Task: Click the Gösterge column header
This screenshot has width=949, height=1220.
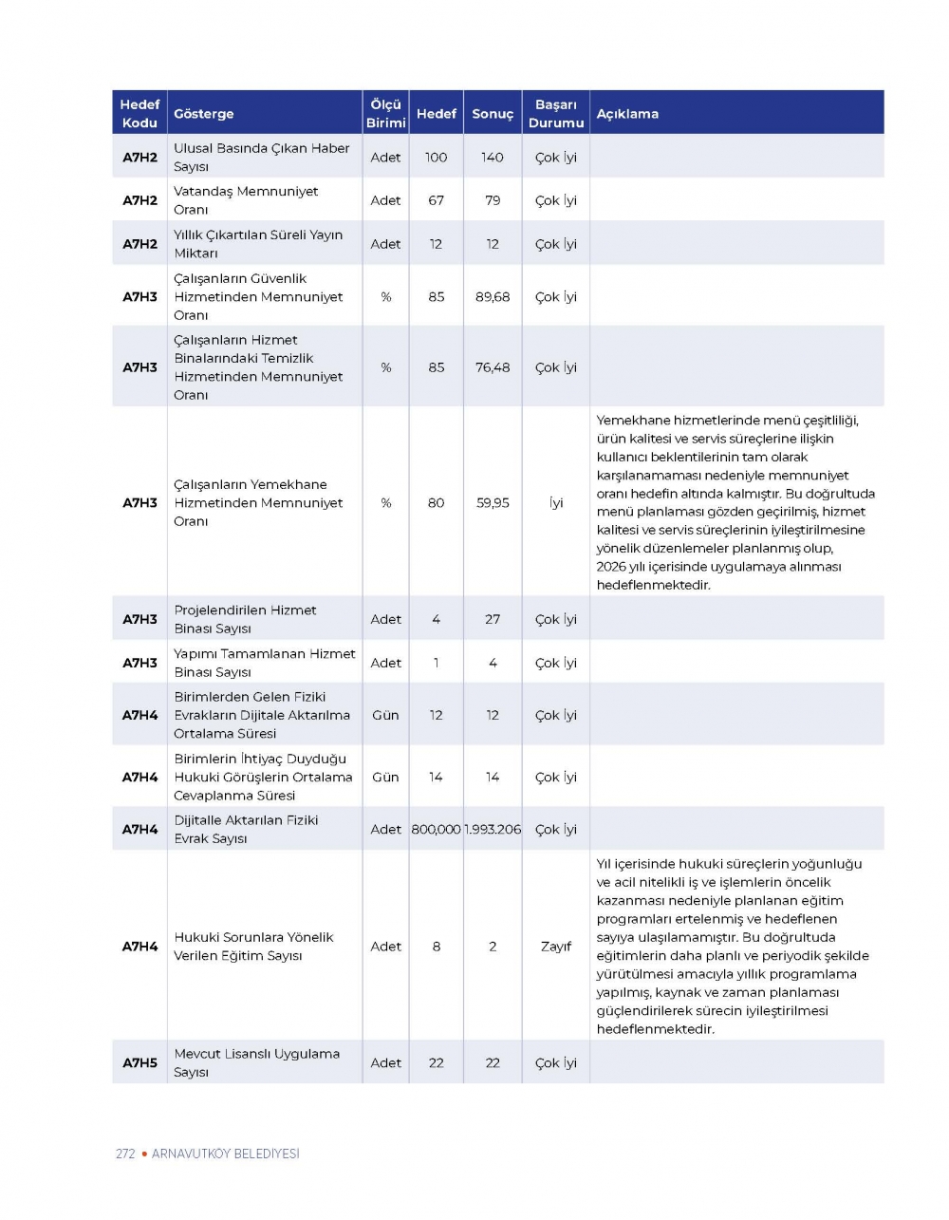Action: [x=203, y=114]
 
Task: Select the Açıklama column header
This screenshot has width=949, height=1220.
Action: [x=627, y=114]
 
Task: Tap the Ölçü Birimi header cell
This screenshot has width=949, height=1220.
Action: [x=385, y=113]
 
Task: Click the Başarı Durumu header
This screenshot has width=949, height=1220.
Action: [x=555, y=113]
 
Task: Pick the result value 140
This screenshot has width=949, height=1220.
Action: [x=492, y=158]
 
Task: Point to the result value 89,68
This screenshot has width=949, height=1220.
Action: [x=493, y=297]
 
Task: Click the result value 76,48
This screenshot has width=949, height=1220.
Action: [x=493, y=367]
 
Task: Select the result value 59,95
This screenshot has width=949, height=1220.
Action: [x=493, y=503]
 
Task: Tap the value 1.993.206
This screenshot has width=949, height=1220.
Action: [x=493, y=830]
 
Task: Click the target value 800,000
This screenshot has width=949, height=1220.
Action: [x=436, y=830]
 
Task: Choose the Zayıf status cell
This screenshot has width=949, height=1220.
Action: [x=556, y=947]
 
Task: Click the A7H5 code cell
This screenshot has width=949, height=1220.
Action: [x=140, y=1063]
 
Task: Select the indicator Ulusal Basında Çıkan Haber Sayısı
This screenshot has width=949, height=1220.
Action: [x=261, y=158]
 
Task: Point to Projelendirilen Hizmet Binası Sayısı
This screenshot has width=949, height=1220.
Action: [x=245, y=619]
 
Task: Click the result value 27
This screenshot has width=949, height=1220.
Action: [x=493, y=619]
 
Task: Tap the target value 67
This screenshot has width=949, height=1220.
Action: [x=436, y=200]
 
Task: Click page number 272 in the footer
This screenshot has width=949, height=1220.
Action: [x=125, y=1154]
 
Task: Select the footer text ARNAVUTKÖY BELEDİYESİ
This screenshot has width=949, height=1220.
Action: [x=225, y=1154]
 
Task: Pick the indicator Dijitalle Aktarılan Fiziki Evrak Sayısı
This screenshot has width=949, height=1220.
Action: [x=246, y=830]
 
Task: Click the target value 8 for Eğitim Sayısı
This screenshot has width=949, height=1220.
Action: [x=436, y=947]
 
